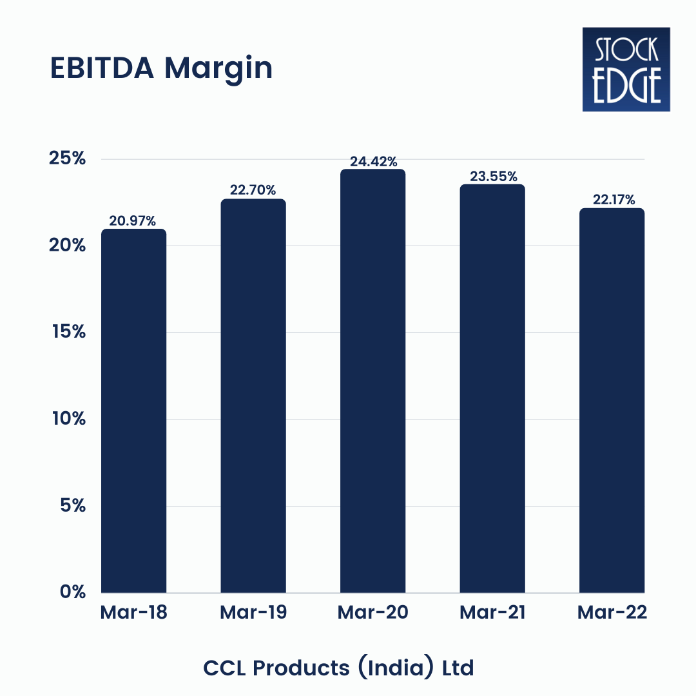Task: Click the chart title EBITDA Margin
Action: (161, 69)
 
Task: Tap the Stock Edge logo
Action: (626, 69)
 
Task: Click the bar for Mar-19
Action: (253, 396)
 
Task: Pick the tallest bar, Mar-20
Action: (373, 381)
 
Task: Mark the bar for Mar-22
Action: (612, 400)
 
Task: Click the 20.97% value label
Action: (133, 221)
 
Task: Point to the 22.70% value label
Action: (253, 190)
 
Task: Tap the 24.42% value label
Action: (373, 161)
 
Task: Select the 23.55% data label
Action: (493, 176)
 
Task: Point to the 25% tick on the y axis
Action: (67, 159)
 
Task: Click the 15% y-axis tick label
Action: (68, 332)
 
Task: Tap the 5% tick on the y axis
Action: (73, 505)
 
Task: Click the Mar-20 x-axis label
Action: (372, 612)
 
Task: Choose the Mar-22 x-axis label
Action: (612, 612)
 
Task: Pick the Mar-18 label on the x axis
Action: (133, 612)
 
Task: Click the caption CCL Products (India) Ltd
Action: (338, 668)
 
